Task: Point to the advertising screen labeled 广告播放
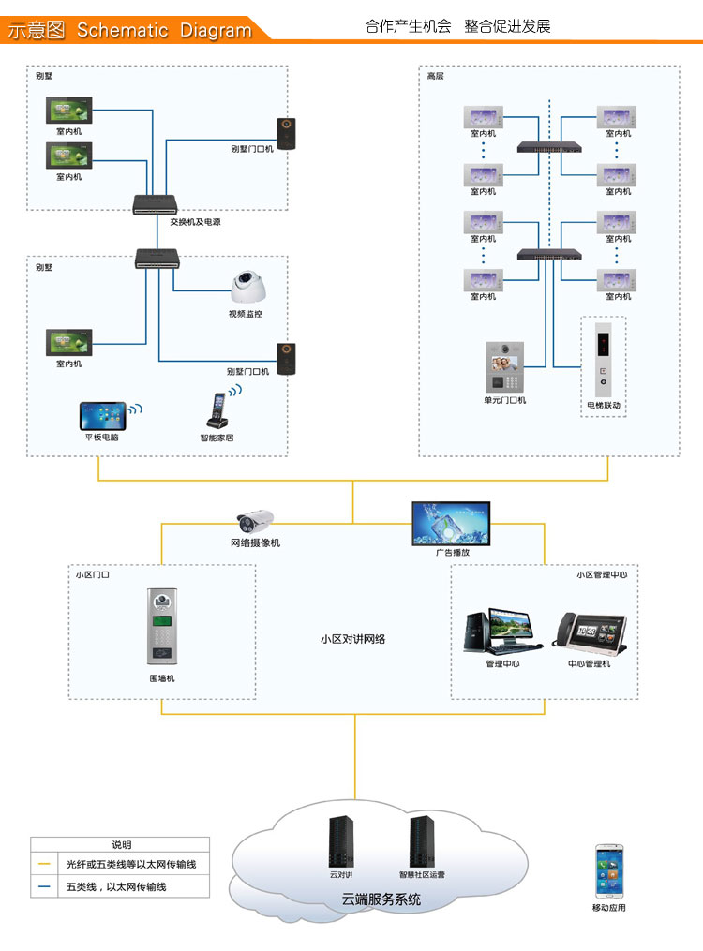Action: click(x=451, y=524)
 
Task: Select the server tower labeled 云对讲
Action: click(x=340, y=841)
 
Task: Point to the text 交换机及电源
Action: click(x=195, y=222)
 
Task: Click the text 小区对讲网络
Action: click(x=352, y=640)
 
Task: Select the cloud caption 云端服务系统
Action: click(x=381, y=900)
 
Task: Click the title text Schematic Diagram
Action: click(x=164, y=30)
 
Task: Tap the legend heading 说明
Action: click(x=122, y=845)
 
